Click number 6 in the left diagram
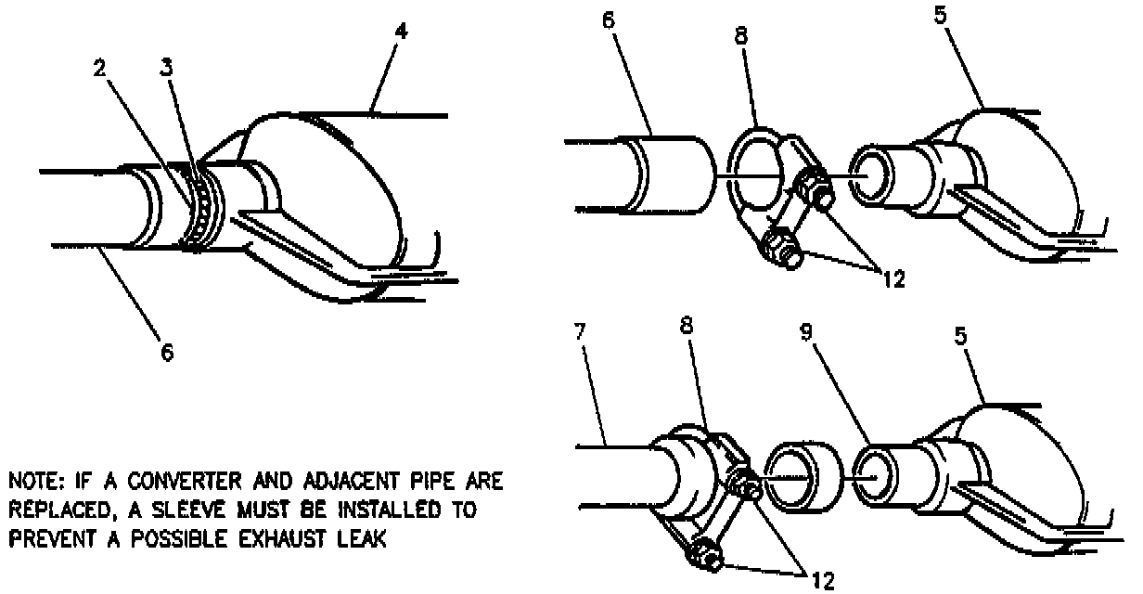168,354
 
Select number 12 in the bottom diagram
822,581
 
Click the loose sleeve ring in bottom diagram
803,476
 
